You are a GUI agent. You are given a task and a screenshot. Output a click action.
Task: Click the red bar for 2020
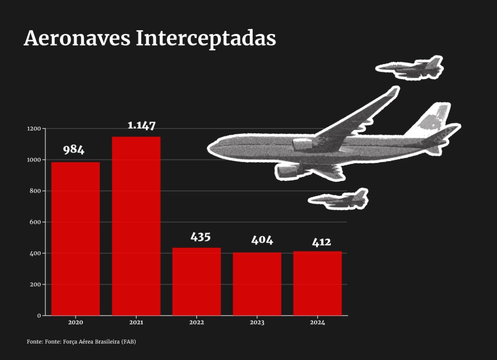(76, 238)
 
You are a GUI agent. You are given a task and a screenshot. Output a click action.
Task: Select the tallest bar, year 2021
(136, 226)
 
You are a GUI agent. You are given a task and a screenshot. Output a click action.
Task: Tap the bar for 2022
(196, 281)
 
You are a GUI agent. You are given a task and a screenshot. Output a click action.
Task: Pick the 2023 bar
(257, 284)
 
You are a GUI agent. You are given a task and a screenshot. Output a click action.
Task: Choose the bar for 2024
(317, 283)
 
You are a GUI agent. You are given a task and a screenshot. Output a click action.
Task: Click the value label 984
(74, 150)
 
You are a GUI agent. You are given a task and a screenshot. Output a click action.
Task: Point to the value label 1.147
(141, 125)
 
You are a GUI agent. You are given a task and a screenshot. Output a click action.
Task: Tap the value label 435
(200, 237)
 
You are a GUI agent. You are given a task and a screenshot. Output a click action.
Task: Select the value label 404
(262, 240)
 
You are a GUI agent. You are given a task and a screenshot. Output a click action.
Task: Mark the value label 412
(321, 242)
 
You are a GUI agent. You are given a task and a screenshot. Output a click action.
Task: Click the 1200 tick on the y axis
(34, 129)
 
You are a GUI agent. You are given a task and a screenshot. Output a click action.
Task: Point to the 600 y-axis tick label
(35, 222)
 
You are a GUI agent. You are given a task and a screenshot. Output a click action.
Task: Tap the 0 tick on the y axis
(39, 316)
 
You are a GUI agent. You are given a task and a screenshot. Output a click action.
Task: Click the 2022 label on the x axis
(196, 323)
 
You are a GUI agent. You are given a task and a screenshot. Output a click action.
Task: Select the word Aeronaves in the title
(77, 38)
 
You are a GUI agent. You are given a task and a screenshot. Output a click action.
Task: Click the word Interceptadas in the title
(206, 38)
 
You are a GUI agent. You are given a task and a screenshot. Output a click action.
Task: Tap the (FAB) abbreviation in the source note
(129, 342)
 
